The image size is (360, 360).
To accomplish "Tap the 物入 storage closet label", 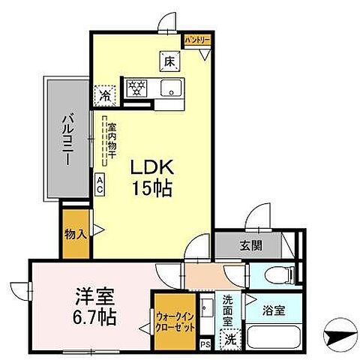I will (76, 233).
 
